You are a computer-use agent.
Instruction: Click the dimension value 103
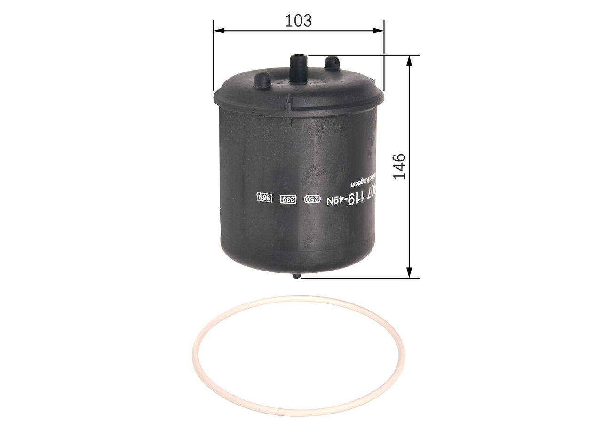tap(299, 20)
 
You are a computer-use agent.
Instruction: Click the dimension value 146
tap(399, 166)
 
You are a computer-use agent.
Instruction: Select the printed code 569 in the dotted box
tap(265, 198)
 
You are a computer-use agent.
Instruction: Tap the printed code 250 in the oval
tap(310, 199)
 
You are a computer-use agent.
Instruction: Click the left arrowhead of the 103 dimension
tap(218, 31)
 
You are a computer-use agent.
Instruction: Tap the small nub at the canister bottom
tap(296, 276)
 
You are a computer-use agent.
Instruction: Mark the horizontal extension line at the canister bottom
tap(357, 278)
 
